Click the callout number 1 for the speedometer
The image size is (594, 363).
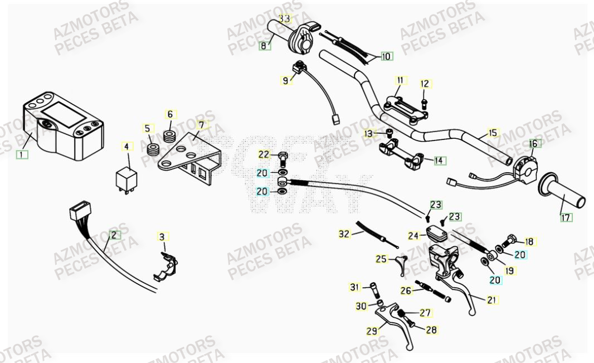(x=22, y=154)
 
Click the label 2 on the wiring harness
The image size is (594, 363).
(x=114, y=235)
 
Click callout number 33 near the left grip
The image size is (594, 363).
(x=284, y=18)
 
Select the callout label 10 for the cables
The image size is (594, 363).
(x=386, y=56)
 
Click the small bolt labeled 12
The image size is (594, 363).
(x=425, y=102)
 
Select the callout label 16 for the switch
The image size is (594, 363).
(x=533, y=143)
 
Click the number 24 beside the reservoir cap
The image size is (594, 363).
(x=413, y=236)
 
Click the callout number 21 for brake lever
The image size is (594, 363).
(x=491, y=300)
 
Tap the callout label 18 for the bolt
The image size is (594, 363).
(x=529, y=241)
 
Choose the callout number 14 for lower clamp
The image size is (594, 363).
(x=440, y=161)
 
